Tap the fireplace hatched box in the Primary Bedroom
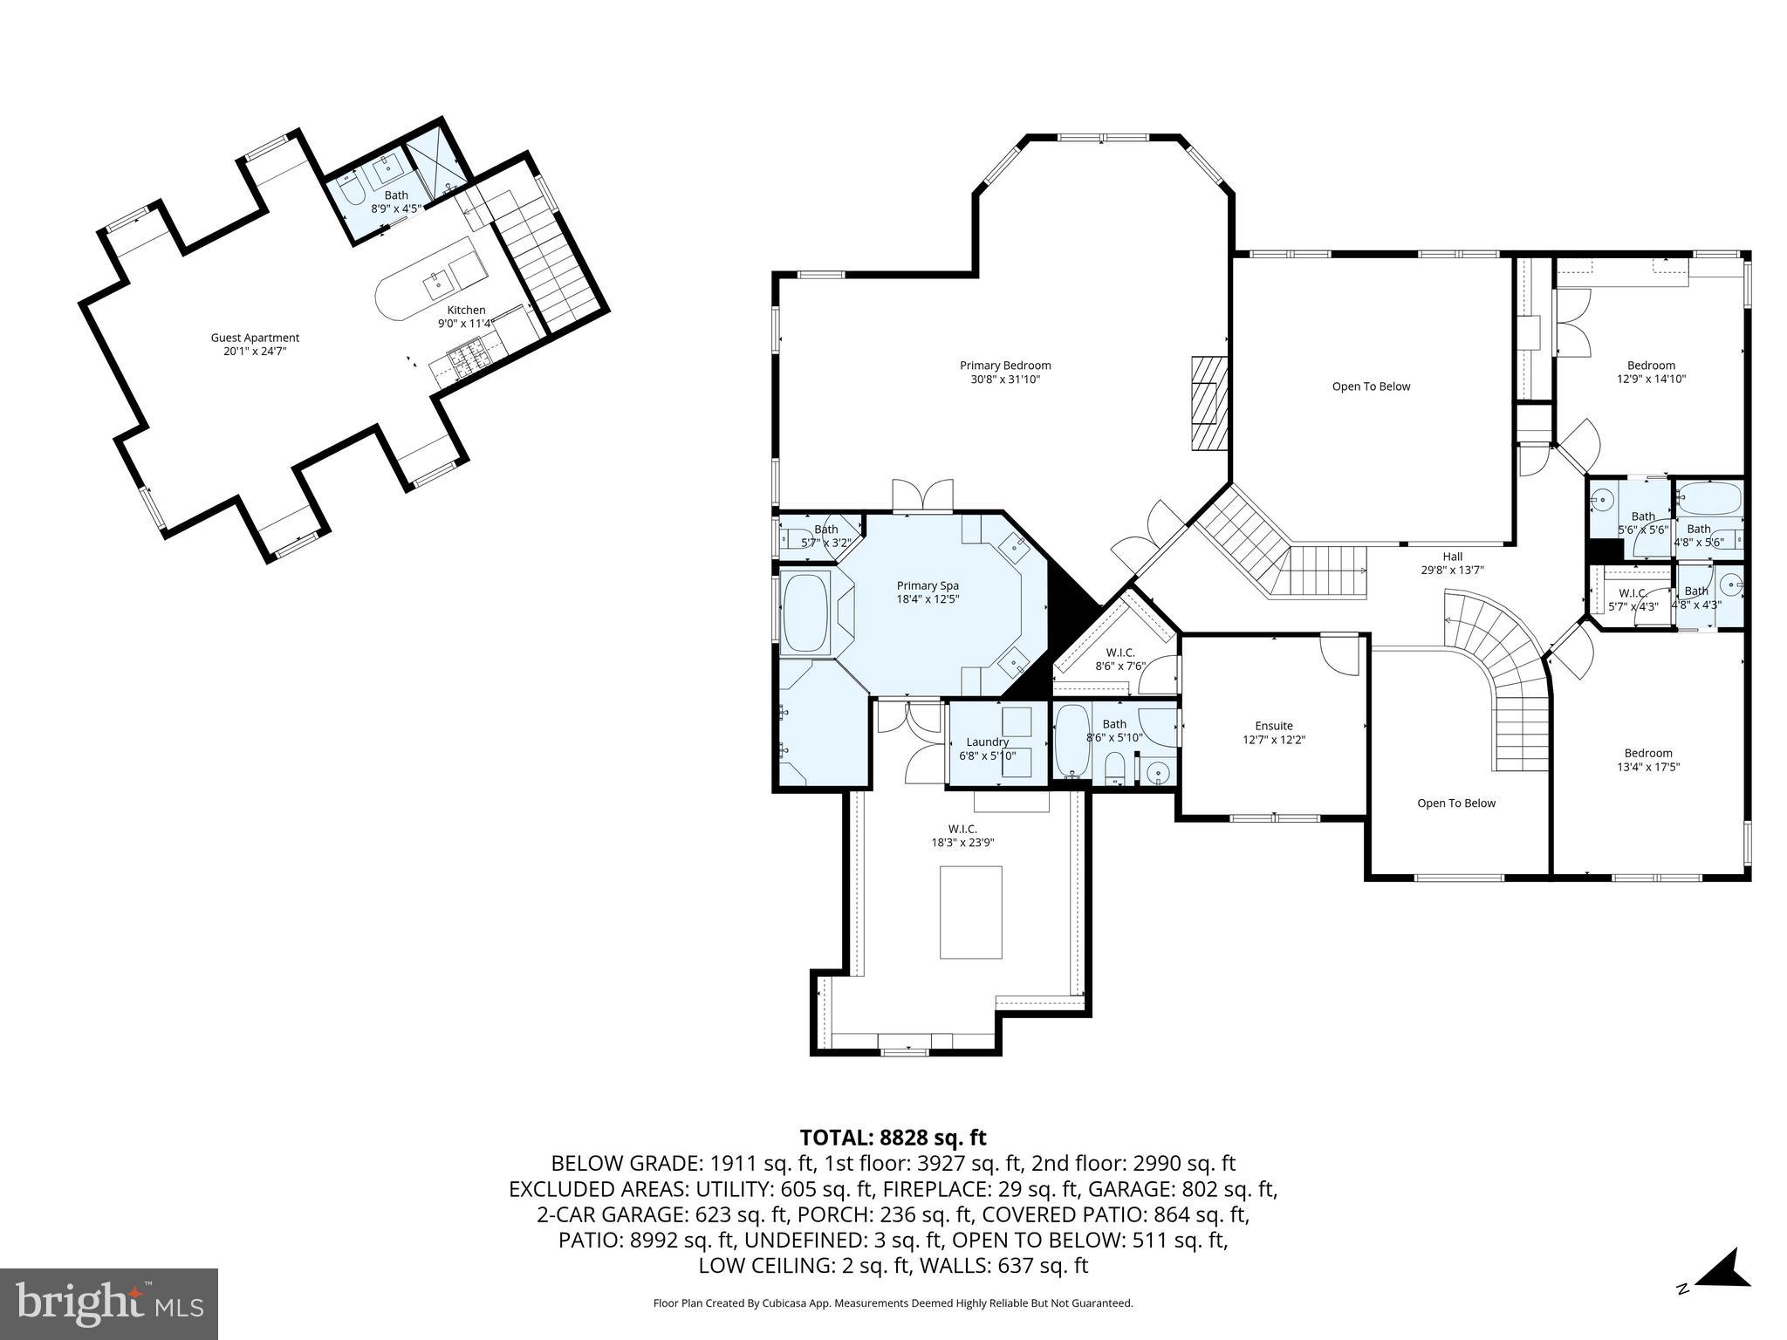click(1208, 403)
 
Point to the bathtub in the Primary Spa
click(806, 612)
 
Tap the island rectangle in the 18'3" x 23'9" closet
click(970, 912)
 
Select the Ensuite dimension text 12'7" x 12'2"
click(1274, 739)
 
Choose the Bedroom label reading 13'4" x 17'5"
click(1648, 760)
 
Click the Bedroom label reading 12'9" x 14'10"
click(1651, 372)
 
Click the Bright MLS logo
click(109, 1304)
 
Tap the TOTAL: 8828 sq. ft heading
click(893, 1138)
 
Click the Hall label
click(1452, 557)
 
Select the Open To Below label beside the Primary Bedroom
click(1371, 386)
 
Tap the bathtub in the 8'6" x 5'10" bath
click(1072, 741)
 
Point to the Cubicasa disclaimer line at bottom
click(893, 1303)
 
